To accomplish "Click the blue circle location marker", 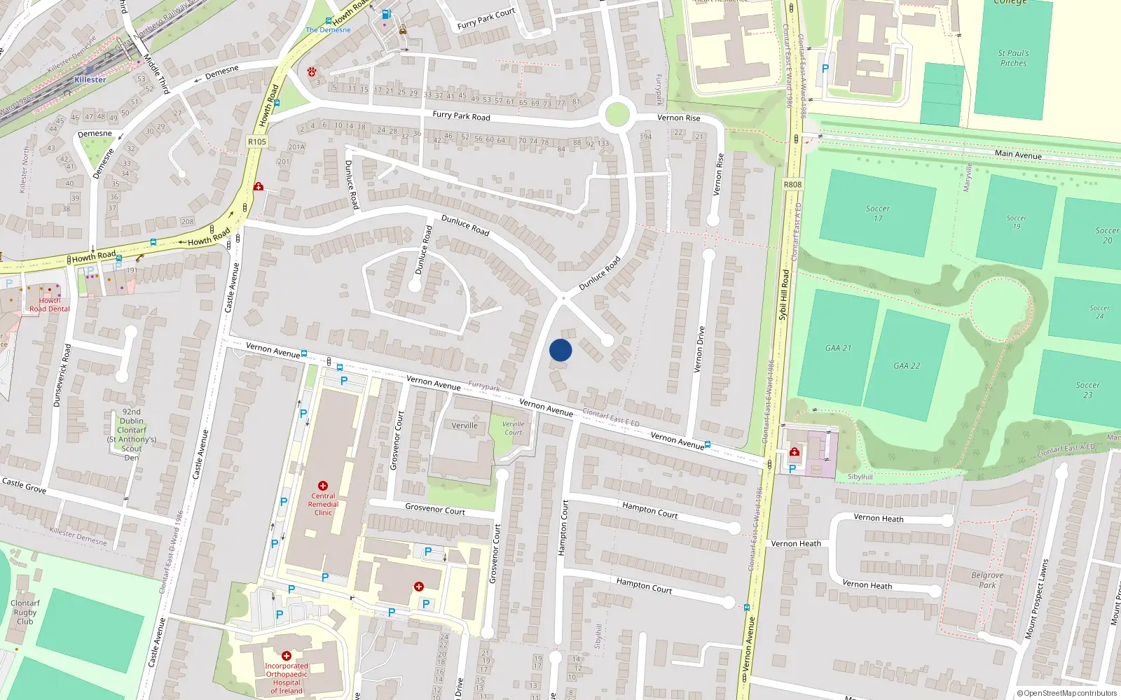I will [x=560, y=350].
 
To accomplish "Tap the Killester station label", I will [x=90, y=80].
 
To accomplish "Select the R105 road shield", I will [x=257, y=141].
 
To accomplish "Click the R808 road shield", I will [x=792, y=185].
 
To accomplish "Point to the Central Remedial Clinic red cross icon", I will [x=323, y=486].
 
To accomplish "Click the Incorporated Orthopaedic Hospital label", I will [x=287, y=678].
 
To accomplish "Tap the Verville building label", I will [x=465, y=426].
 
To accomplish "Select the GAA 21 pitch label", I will [x=838, y=348].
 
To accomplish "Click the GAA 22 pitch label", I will [x=907, y=365].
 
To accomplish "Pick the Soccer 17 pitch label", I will [x=878, y=213].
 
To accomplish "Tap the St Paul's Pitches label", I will [x=1013, y=58].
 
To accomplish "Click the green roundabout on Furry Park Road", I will [x=617, y=114].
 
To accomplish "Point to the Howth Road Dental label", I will [x=50, y=304].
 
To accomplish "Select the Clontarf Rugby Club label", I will [x=25, y=612].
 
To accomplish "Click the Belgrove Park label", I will [x=987, y=580].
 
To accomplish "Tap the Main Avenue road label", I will [x=1018, y=155].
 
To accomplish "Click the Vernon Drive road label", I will [x=699, y=349].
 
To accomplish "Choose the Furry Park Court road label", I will [x=486, y=19].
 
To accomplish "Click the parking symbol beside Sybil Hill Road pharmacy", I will [x=792, y=469].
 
